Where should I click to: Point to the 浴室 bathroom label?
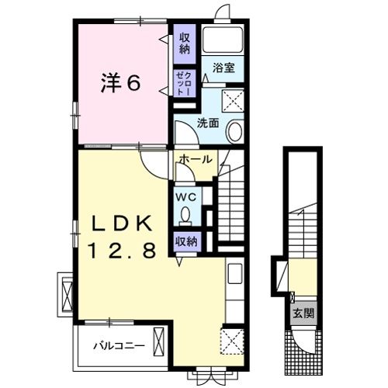pos(225,68)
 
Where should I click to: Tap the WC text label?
pos(186,197)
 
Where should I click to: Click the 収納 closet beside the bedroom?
pos(184,43)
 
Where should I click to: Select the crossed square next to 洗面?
pos(233,101)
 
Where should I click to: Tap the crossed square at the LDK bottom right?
pos(231,340)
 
